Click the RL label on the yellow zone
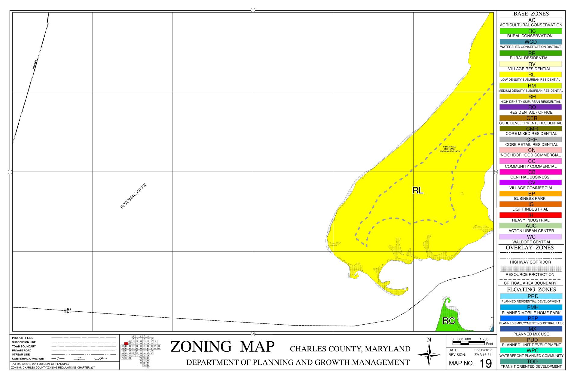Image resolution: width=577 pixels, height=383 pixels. pos(418,190)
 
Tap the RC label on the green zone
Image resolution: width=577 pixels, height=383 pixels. pos(449,321)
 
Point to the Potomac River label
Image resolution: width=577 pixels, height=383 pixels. pos(133,196)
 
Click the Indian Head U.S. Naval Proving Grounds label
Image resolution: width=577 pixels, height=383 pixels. pos(450,149)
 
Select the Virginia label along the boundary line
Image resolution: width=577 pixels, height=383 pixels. pos(35,65)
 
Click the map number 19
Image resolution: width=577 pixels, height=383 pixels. pos(485,363)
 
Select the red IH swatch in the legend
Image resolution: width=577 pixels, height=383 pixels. pos(530,215)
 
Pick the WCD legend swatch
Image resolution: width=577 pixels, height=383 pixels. pos(530,42)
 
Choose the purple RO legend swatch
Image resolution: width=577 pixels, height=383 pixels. pos(530,107)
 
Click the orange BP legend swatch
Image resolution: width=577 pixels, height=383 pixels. pos(530,193)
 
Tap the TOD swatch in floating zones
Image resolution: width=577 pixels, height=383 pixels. pos(531,361)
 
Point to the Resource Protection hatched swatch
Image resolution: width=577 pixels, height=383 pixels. pos(530,269)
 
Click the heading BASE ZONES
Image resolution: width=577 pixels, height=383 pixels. pos(531,14)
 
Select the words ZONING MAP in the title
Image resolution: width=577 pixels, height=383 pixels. pos(222,347)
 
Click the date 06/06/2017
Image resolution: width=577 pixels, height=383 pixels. pos(483,350)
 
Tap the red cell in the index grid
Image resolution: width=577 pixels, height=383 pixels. pos(126,343)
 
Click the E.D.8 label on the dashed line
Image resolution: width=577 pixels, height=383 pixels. pos(68,309)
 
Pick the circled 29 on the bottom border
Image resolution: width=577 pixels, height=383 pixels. pos(253,334)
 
